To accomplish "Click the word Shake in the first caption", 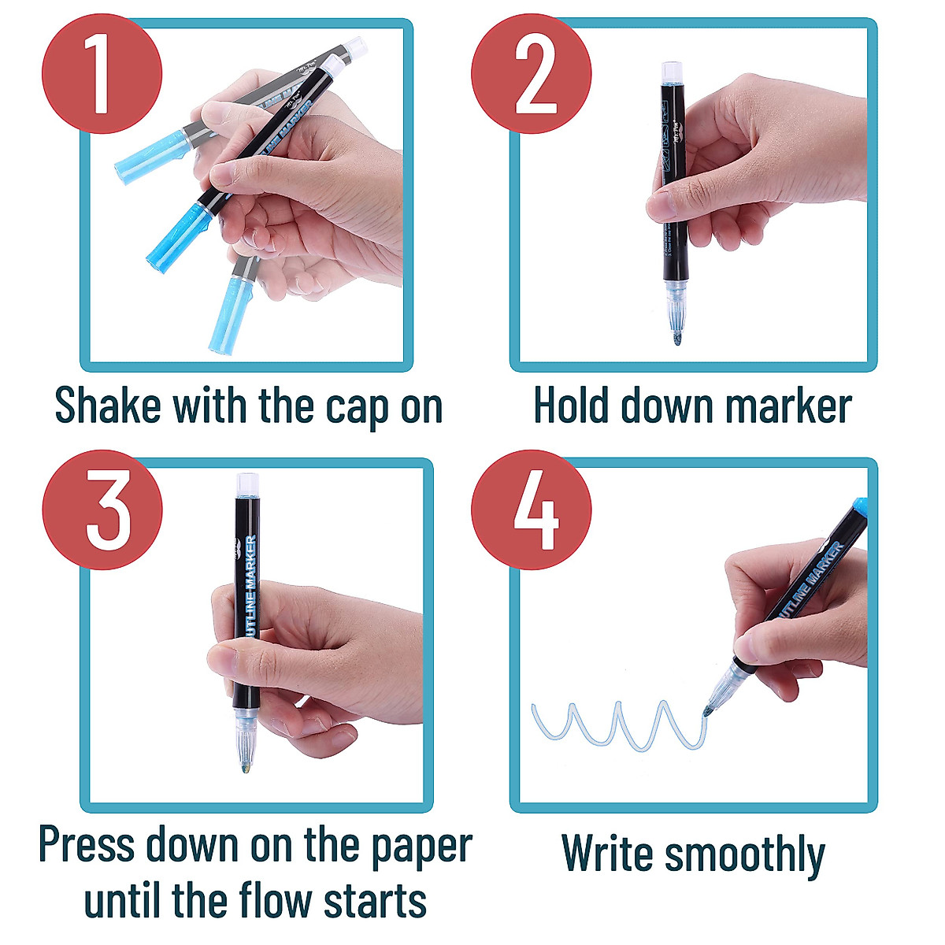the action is [107, 406].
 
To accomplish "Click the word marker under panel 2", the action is [787, 406].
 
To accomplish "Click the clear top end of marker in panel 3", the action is [245, 483].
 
